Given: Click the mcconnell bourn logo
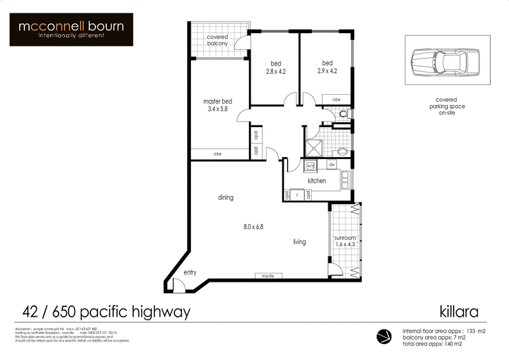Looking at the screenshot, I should point(71,29).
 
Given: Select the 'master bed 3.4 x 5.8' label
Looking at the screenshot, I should point(217,105).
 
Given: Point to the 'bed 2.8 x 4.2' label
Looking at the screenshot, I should point(276,67).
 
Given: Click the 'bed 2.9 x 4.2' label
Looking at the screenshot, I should point(327,67).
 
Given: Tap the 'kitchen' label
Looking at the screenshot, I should point(317,181).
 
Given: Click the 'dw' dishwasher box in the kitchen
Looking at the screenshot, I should point(331,165).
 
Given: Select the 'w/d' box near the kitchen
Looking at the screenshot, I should point(311,165).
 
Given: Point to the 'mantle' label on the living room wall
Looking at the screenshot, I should point(268,276).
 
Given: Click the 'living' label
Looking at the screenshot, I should point(300,242).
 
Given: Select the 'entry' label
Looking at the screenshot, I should point(190,273).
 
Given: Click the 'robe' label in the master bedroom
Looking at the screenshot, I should point(217,154).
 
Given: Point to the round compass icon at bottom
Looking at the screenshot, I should point(384,336).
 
